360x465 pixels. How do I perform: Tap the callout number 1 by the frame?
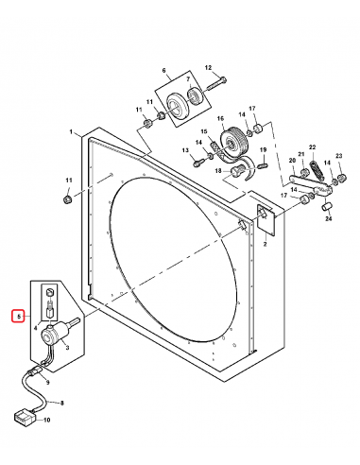pyautogui.click(x=71, y=132)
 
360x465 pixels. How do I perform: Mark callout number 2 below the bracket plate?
pyautogui.click(x=266, y=244)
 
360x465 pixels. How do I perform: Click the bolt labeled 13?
pyautogui.click(x=198, y=162)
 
